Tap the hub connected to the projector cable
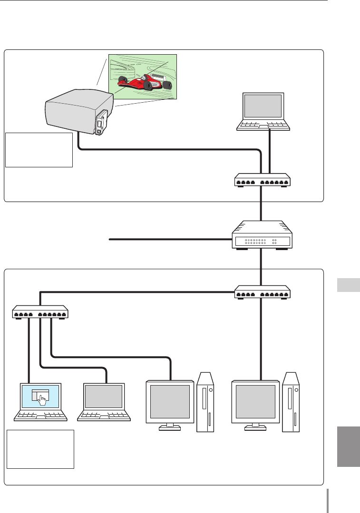pos(262,180)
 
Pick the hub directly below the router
pos(262,292)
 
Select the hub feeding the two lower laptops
pos(40,312)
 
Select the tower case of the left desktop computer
pos(205,402)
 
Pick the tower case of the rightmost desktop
pos(291,402)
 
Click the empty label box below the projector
pos(39,150)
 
